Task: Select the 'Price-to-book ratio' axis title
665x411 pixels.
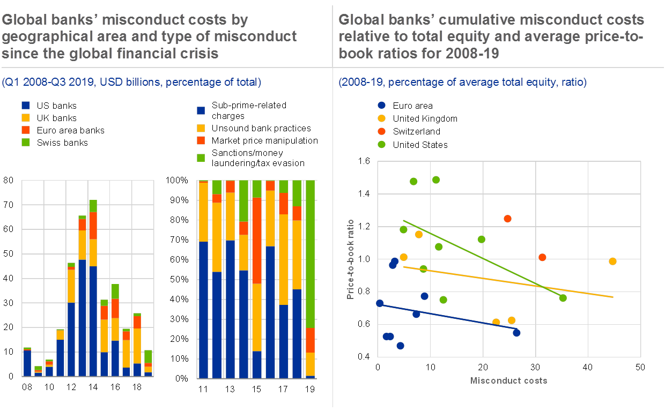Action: [350, 259]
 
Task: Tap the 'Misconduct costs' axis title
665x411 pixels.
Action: [509, 380]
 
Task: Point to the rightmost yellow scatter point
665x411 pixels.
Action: [612, 261]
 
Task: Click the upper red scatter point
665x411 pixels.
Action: [507, 219]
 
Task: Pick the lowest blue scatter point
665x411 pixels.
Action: [400, 346]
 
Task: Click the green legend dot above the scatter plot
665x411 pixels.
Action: [381, 144]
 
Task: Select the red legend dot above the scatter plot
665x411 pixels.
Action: [381, 131]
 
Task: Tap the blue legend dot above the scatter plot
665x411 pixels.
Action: [381, 106]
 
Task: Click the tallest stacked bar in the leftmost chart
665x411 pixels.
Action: [93, 289]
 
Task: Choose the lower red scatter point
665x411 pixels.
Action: [542, 258]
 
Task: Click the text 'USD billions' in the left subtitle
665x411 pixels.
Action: [124, 83]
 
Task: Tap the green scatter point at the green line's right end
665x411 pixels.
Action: [563, 298]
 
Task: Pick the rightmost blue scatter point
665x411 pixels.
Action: [516, 333]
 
